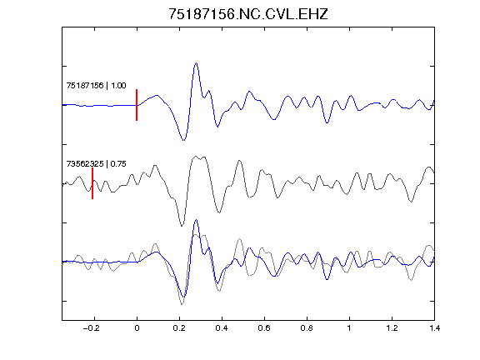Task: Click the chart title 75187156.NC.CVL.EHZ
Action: coord(248,14)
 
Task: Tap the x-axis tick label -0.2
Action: coord(92,328)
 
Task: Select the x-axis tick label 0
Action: coord(137,328)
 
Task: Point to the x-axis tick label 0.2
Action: coord(179,328)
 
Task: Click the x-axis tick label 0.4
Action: coord(222,328)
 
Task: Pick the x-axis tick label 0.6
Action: coord(264,328)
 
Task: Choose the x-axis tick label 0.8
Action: coord(307,328)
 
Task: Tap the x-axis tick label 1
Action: coord(349,328)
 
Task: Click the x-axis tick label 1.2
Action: coord(392,328)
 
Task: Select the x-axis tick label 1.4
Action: coord(434,328)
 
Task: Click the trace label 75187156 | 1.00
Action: coord(96,85)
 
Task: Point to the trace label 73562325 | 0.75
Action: coord(96,164)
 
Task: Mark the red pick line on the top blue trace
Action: coord(137,105)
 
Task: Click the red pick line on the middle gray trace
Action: coord(92,183)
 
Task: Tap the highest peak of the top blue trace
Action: coord(196,63)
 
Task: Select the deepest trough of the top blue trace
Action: coord(183,140)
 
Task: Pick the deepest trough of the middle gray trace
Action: coord(182,226)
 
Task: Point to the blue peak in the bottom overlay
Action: coord(196,220)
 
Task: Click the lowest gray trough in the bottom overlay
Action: coord(182,304)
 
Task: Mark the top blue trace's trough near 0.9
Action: coord(327,123)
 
